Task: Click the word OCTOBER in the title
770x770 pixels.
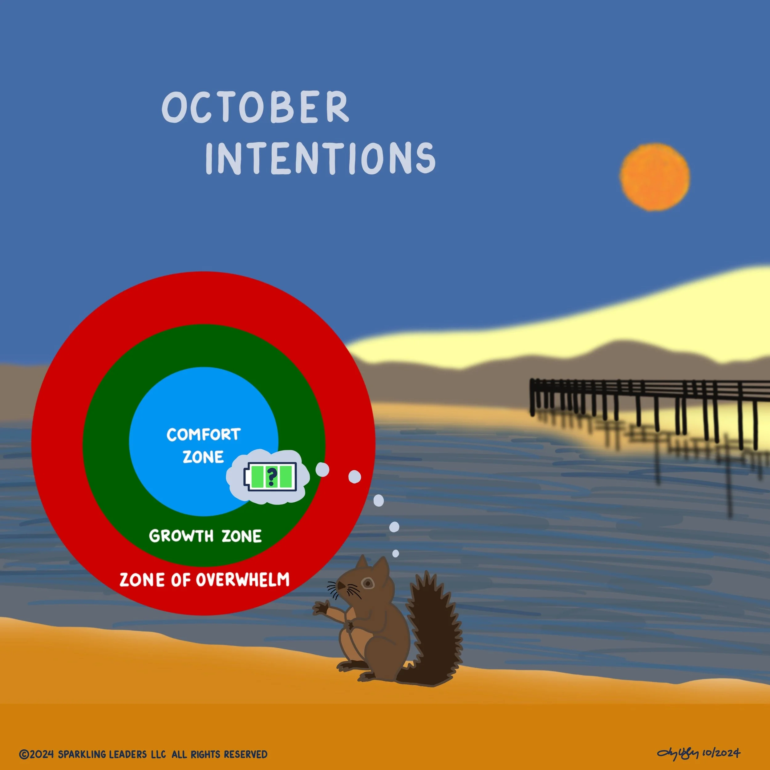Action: tap(255, 107)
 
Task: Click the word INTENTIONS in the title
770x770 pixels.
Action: tap(320, 158)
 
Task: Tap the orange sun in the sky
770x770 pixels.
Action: tap(655, 177)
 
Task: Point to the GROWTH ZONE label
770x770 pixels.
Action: tap(205, 536)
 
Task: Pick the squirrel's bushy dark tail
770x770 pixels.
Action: tap(432, 630)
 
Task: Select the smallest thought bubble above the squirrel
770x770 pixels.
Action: tap(395, 553)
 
